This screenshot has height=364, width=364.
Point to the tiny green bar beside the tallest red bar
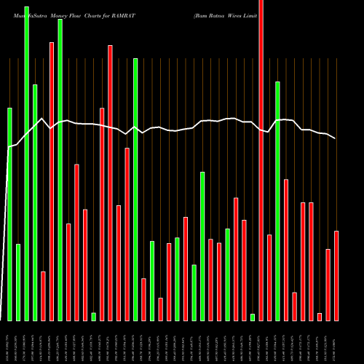[x=253, y=317]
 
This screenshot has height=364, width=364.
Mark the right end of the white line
[x=336, y=138]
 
